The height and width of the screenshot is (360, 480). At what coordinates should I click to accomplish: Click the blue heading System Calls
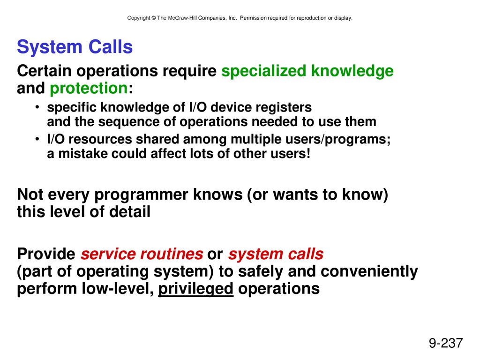(75, 47)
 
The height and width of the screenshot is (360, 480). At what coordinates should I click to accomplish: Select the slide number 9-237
(446, 343)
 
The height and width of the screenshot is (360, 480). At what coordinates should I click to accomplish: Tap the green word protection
(89, 89)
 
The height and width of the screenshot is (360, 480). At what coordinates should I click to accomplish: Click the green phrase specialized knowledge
(307, 71)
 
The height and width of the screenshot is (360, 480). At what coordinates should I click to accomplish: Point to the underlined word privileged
(195, 289)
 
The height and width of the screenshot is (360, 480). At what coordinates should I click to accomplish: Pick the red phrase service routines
(142, 254)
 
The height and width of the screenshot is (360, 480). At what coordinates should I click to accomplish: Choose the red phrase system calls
(276, 254)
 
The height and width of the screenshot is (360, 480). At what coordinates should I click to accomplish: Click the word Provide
(46, 254)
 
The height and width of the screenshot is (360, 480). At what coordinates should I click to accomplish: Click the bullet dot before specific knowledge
(37, 107)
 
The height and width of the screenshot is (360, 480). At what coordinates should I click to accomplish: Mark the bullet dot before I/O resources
(37, 139)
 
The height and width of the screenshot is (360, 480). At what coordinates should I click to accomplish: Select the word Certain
(44, 71)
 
